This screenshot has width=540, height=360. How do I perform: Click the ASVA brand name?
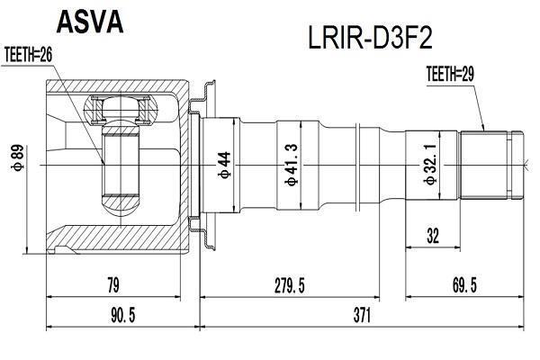tap(89, 22)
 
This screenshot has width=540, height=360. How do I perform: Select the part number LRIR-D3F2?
tap(370, 38)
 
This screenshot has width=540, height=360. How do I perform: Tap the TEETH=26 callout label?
tap(29, 54)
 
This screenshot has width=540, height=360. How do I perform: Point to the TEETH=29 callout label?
tap(450, 74)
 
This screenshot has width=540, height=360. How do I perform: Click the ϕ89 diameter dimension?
tap(18, 157)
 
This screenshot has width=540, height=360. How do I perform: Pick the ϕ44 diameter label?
tap(224, 165)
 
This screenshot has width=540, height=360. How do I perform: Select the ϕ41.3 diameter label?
tap(292, 165)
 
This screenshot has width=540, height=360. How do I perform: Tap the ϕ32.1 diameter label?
tap(430, 165)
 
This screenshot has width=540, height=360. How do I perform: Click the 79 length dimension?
tap(113, 285)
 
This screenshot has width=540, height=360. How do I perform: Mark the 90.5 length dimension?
tap(123, 316)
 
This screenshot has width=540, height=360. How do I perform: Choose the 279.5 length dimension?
tap(289, 285)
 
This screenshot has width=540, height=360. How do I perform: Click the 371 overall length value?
tap(362, 316)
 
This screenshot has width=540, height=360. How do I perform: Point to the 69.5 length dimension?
tap(464, 285)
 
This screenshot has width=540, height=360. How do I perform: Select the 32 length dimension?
tap(433, 237)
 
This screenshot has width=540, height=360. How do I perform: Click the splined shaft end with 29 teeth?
tap(483, 165)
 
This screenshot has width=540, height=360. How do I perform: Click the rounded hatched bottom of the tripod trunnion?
tap(121, 205)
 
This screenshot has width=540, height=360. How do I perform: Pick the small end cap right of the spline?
tap(517, 165)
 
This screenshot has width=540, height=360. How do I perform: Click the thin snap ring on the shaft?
tap(358, 165)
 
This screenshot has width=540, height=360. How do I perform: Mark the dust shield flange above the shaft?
tap(203, 100)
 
